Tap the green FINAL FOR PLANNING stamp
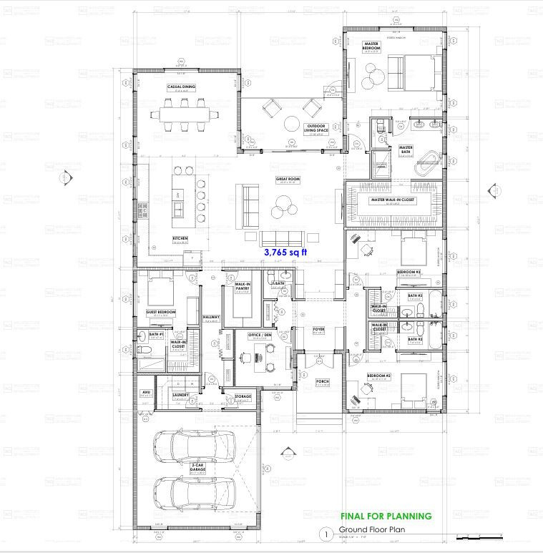[386, 516]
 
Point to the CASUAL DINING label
[181, 87]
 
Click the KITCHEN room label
[180, 238]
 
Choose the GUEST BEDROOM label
[161, 312]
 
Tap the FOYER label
[319, 330]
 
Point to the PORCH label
[322, 381]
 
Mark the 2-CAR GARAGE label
[198, 466]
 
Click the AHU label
[145, 393]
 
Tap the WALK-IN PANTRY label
[242, 285]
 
